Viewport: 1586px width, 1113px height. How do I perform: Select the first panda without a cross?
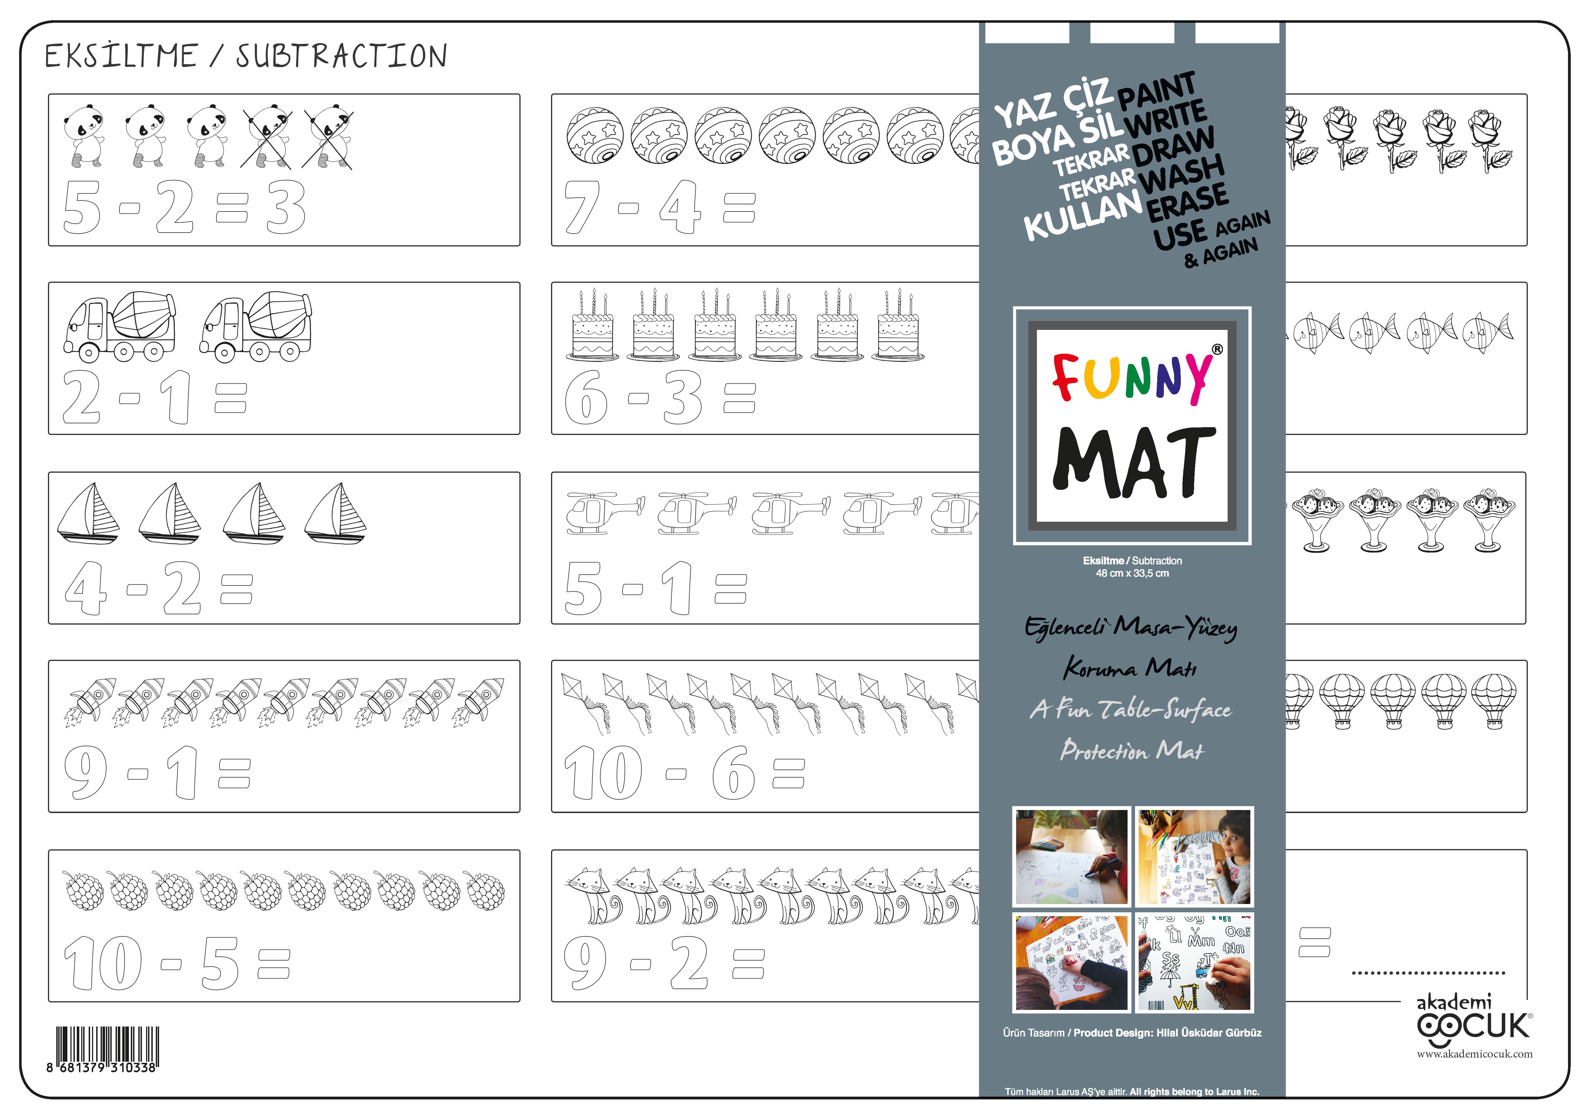(84, 135)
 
